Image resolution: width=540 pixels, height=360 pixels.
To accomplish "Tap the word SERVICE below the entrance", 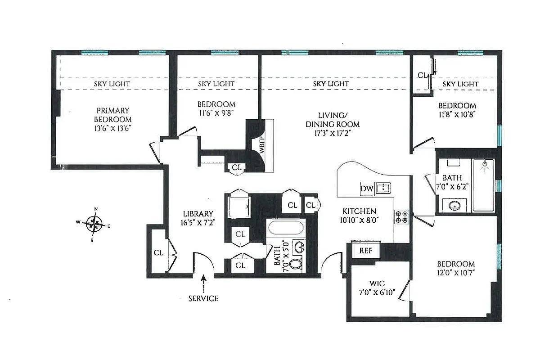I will point(203,298).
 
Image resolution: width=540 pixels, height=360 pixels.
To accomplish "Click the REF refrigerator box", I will point(365,251).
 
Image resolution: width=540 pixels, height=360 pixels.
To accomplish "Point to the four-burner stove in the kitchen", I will point(401,217).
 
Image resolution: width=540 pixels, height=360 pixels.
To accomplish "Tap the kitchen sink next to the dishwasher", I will point(383,188).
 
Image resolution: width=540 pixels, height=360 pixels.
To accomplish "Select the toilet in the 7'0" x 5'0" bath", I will point(296,264).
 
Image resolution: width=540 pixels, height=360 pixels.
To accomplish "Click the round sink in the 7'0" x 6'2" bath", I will point(453,205).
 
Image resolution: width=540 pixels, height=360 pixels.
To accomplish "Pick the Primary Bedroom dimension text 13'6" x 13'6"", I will point(112,128).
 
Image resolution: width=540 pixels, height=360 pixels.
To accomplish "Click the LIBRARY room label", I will point(198,214).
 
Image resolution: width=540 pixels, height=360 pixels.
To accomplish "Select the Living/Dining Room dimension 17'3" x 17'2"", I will point(333,133).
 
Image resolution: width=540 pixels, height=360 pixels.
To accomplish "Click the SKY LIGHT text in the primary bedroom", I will point(112,84).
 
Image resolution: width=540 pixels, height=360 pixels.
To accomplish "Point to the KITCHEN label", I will point(359,211).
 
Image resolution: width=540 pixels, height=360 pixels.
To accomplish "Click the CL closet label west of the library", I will point(158,252).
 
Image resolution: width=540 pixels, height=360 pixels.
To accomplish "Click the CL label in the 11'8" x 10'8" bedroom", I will point(422,76).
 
